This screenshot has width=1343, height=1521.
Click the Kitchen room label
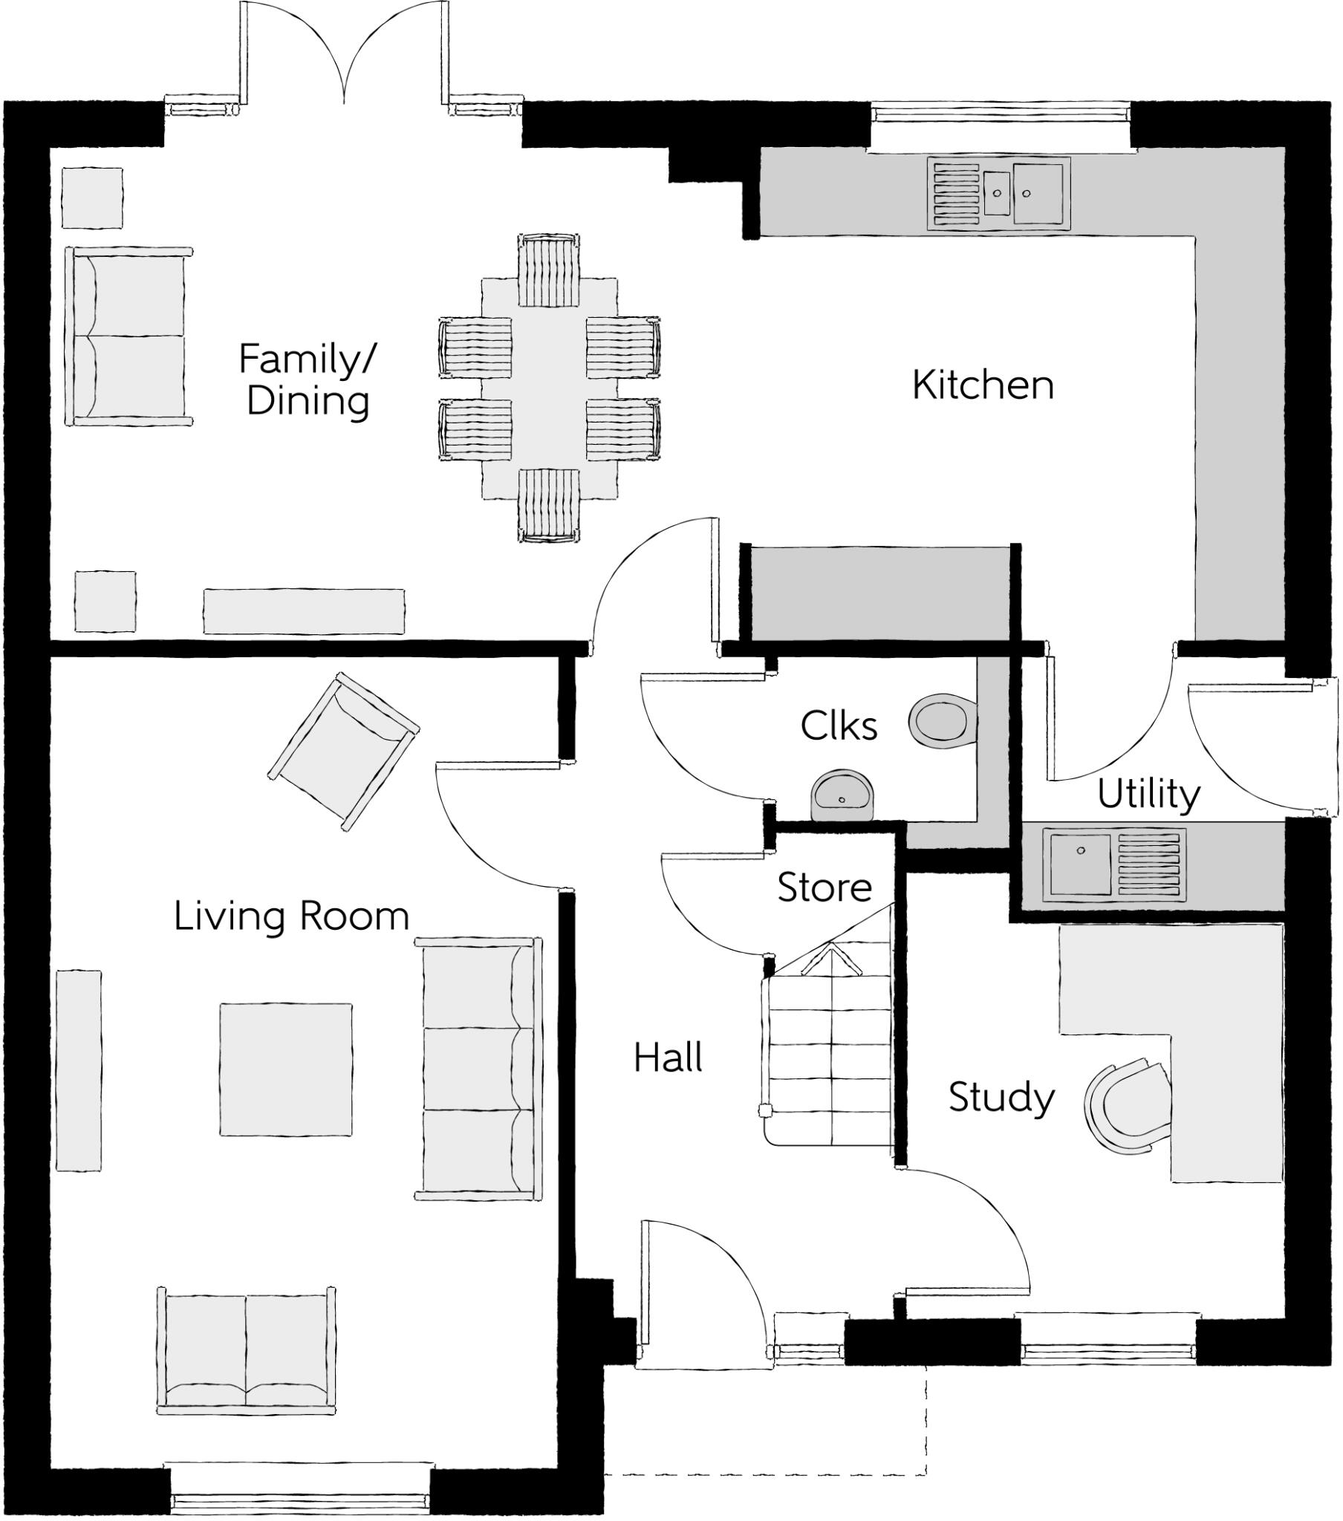coord(983,385)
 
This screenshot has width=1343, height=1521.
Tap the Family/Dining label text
coord(308,380)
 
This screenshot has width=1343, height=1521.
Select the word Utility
coord(1148,794)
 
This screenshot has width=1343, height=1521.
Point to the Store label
coord(824,887)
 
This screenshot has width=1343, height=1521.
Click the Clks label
coord(839,726)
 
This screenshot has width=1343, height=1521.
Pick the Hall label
coord(668,1058)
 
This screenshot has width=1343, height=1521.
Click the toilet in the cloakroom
coord(941,720)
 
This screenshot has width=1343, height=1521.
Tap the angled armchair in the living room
coord(342,751)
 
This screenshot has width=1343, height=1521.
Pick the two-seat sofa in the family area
coord(128,336)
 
